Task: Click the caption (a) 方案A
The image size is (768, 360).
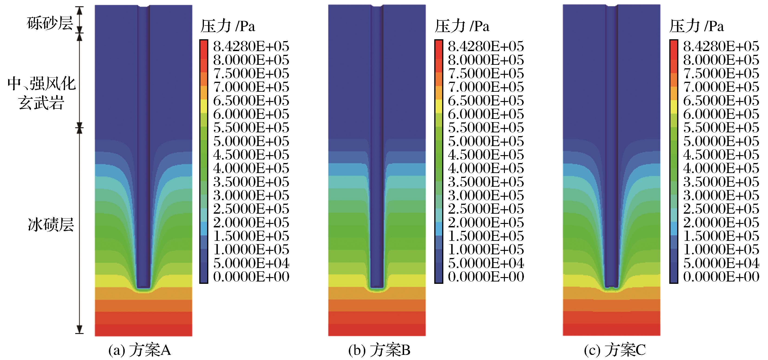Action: (140, 350)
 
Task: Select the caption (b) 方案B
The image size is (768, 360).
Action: (379, 350)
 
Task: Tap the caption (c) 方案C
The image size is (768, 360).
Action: (615, 350)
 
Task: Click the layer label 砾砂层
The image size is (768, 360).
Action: (50, 23)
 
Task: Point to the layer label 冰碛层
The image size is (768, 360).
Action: (51, 225)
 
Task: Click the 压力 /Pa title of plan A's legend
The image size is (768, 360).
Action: (228, 26)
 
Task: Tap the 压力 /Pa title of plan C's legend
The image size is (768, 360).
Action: (696, 26)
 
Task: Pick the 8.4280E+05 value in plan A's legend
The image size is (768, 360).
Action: (251, 46)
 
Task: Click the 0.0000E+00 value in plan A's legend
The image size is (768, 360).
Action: (251, 276)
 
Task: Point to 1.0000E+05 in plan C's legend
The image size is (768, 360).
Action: (721, 249)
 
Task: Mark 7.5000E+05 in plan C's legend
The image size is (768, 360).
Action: (721, 73)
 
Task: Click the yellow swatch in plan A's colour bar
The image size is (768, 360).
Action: (204, 106)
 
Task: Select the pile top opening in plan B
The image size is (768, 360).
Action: (377, 6)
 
